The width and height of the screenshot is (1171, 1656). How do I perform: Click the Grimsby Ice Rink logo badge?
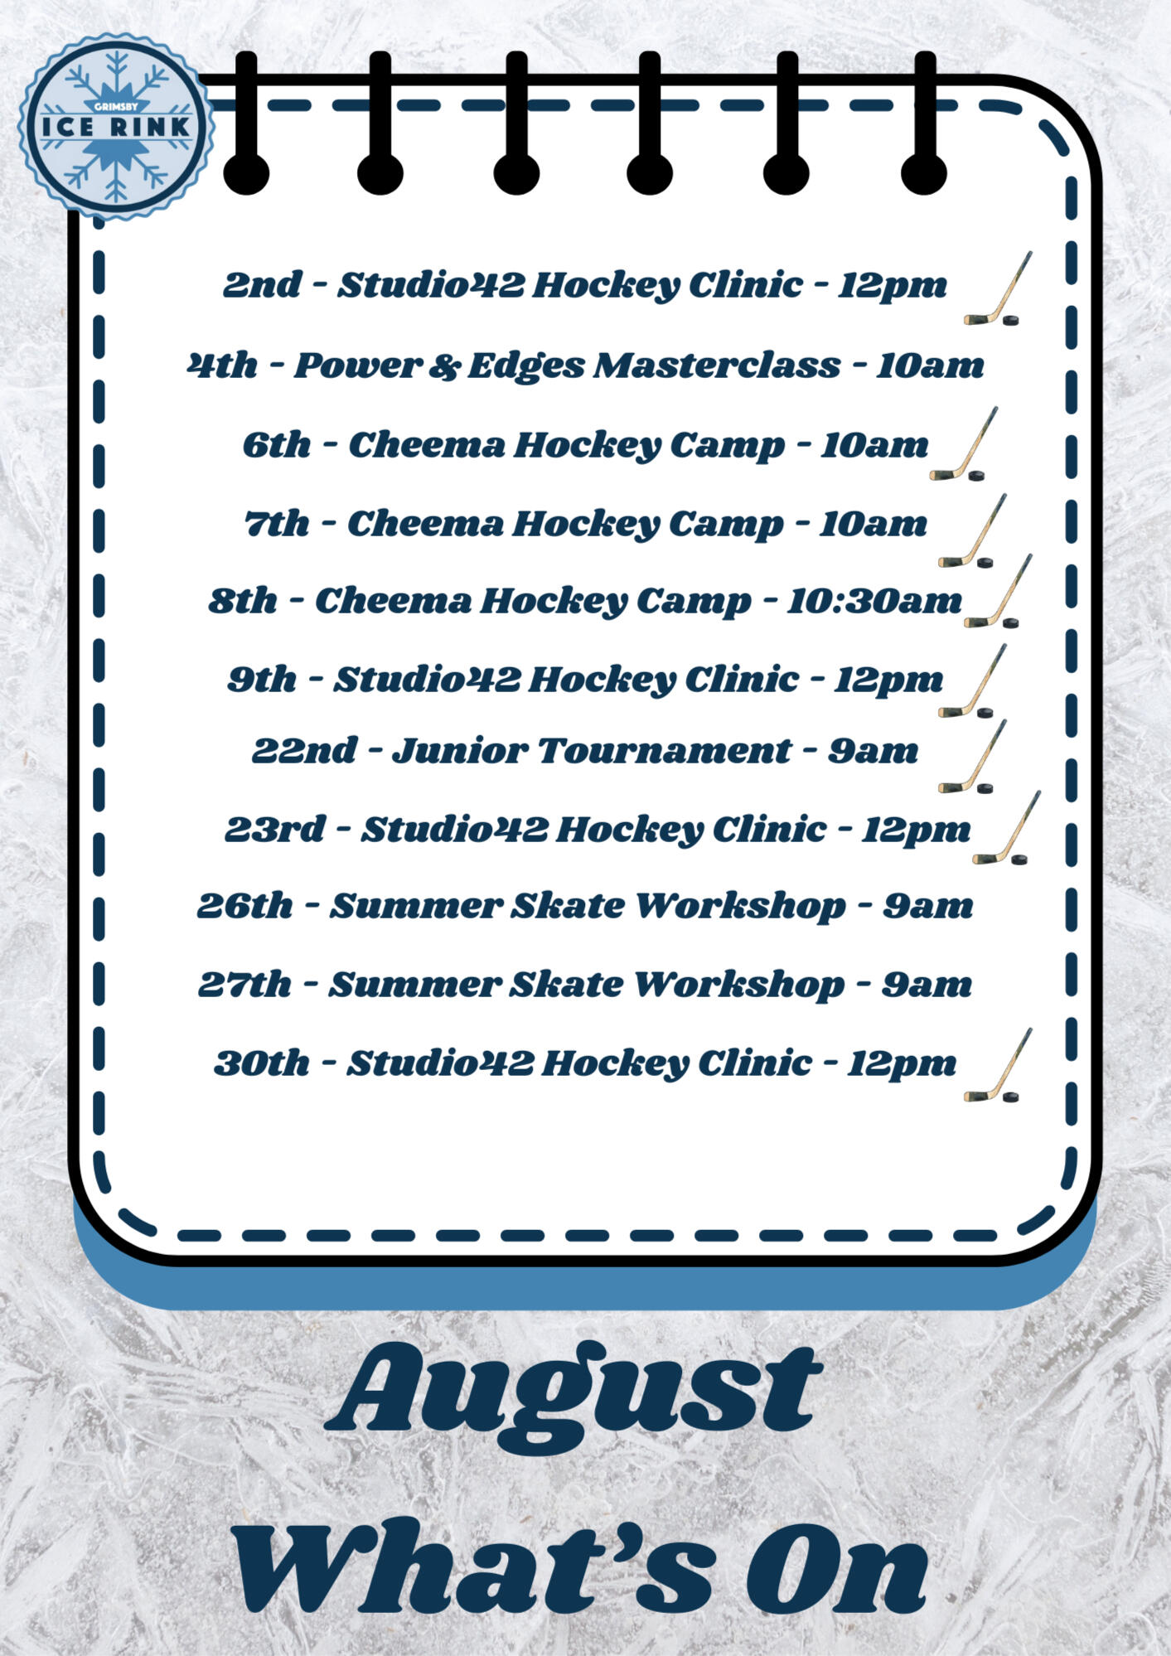(116, 127)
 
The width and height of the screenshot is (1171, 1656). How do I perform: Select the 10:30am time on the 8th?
(874, 601)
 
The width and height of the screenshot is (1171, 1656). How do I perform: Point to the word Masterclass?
(717, 366)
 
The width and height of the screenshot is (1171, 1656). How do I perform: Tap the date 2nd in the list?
(262, 284)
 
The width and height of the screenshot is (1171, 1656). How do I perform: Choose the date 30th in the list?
(261, 1063)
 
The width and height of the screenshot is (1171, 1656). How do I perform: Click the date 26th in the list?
(244, 906)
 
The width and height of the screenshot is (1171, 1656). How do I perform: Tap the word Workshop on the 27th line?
(738, 985)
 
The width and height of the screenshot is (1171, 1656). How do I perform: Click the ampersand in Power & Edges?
(444, 366)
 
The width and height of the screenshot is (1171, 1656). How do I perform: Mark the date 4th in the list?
(222, 366)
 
